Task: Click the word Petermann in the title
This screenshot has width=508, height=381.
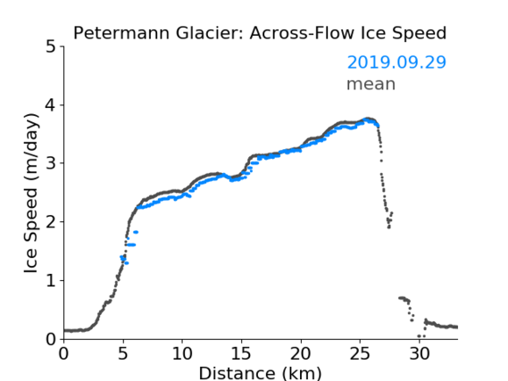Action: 121,33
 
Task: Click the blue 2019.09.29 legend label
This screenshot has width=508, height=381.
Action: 396,62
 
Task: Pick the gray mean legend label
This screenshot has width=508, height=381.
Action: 371,84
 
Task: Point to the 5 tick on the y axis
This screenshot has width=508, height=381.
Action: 51,47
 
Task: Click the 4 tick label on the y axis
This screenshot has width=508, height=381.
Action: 51,105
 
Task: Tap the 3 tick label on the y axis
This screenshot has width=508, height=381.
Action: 51,164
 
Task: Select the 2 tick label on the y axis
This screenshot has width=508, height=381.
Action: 51,222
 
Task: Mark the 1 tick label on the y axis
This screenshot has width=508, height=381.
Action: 51,281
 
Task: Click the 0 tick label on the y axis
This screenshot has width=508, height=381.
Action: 51,340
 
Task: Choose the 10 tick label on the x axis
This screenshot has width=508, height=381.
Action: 182,353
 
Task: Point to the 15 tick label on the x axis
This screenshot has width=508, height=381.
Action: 241,353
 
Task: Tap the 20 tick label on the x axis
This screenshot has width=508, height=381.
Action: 301,353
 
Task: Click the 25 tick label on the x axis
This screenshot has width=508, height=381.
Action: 360,353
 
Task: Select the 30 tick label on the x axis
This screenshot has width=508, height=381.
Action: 420,353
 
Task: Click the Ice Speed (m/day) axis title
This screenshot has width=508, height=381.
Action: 31,194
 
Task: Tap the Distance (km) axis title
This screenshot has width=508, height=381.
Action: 260,373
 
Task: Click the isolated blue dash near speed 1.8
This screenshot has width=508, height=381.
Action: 136,232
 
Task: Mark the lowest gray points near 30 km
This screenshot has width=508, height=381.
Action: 421,336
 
